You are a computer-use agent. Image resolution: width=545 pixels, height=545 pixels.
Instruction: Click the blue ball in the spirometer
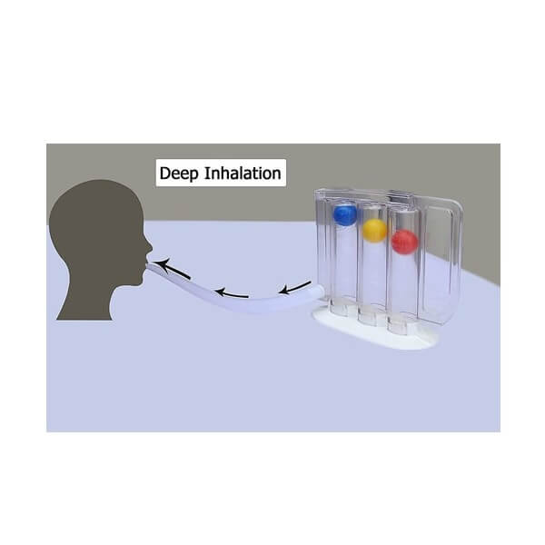(345, 214)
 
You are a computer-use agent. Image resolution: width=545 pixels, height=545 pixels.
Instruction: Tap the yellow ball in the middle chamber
(374, 230)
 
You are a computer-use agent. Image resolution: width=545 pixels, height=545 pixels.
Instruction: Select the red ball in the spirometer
(404, 242)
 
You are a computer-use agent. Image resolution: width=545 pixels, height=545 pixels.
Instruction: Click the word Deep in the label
(179, 173)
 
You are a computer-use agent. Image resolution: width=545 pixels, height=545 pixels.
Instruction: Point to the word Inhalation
(243, 173)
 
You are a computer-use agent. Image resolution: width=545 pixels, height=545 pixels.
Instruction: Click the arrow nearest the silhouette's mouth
(173, 269)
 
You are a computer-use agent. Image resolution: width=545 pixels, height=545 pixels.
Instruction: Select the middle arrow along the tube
(232, 293)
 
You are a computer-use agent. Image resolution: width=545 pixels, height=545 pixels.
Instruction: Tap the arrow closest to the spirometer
(295, 287)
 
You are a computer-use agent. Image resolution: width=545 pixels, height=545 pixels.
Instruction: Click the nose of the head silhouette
(149, 246)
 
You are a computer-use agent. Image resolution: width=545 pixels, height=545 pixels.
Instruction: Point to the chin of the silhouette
(136, 282)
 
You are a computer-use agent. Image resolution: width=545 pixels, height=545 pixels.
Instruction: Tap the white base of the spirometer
(375, 331)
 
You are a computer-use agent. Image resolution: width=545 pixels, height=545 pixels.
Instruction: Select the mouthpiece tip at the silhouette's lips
(150, 266)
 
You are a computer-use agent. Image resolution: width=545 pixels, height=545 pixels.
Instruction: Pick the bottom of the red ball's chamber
(398, 326)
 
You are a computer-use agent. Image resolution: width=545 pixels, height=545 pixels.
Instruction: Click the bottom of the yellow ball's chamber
(369, 317)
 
